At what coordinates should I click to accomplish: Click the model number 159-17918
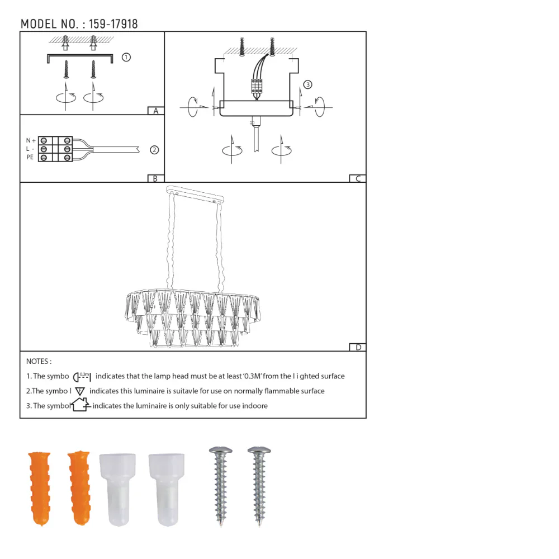113,24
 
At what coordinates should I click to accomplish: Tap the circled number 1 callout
126,57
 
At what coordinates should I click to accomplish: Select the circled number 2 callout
154,150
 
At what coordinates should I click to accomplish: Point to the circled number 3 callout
307,85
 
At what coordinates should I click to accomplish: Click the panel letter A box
156,111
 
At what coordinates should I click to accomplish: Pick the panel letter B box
155,179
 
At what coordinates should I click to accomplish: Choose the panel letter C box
357,179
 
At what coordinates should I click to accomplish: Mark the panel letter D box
358,347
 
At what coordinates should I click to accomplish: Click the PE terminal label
30,158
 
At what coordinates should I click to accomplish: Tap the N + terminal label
31,140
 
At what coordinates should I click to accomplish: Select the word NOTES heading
39,362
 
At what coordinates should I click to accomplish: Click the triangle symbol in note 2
80,391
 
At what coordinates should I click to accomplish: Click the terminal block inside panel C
257,86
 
